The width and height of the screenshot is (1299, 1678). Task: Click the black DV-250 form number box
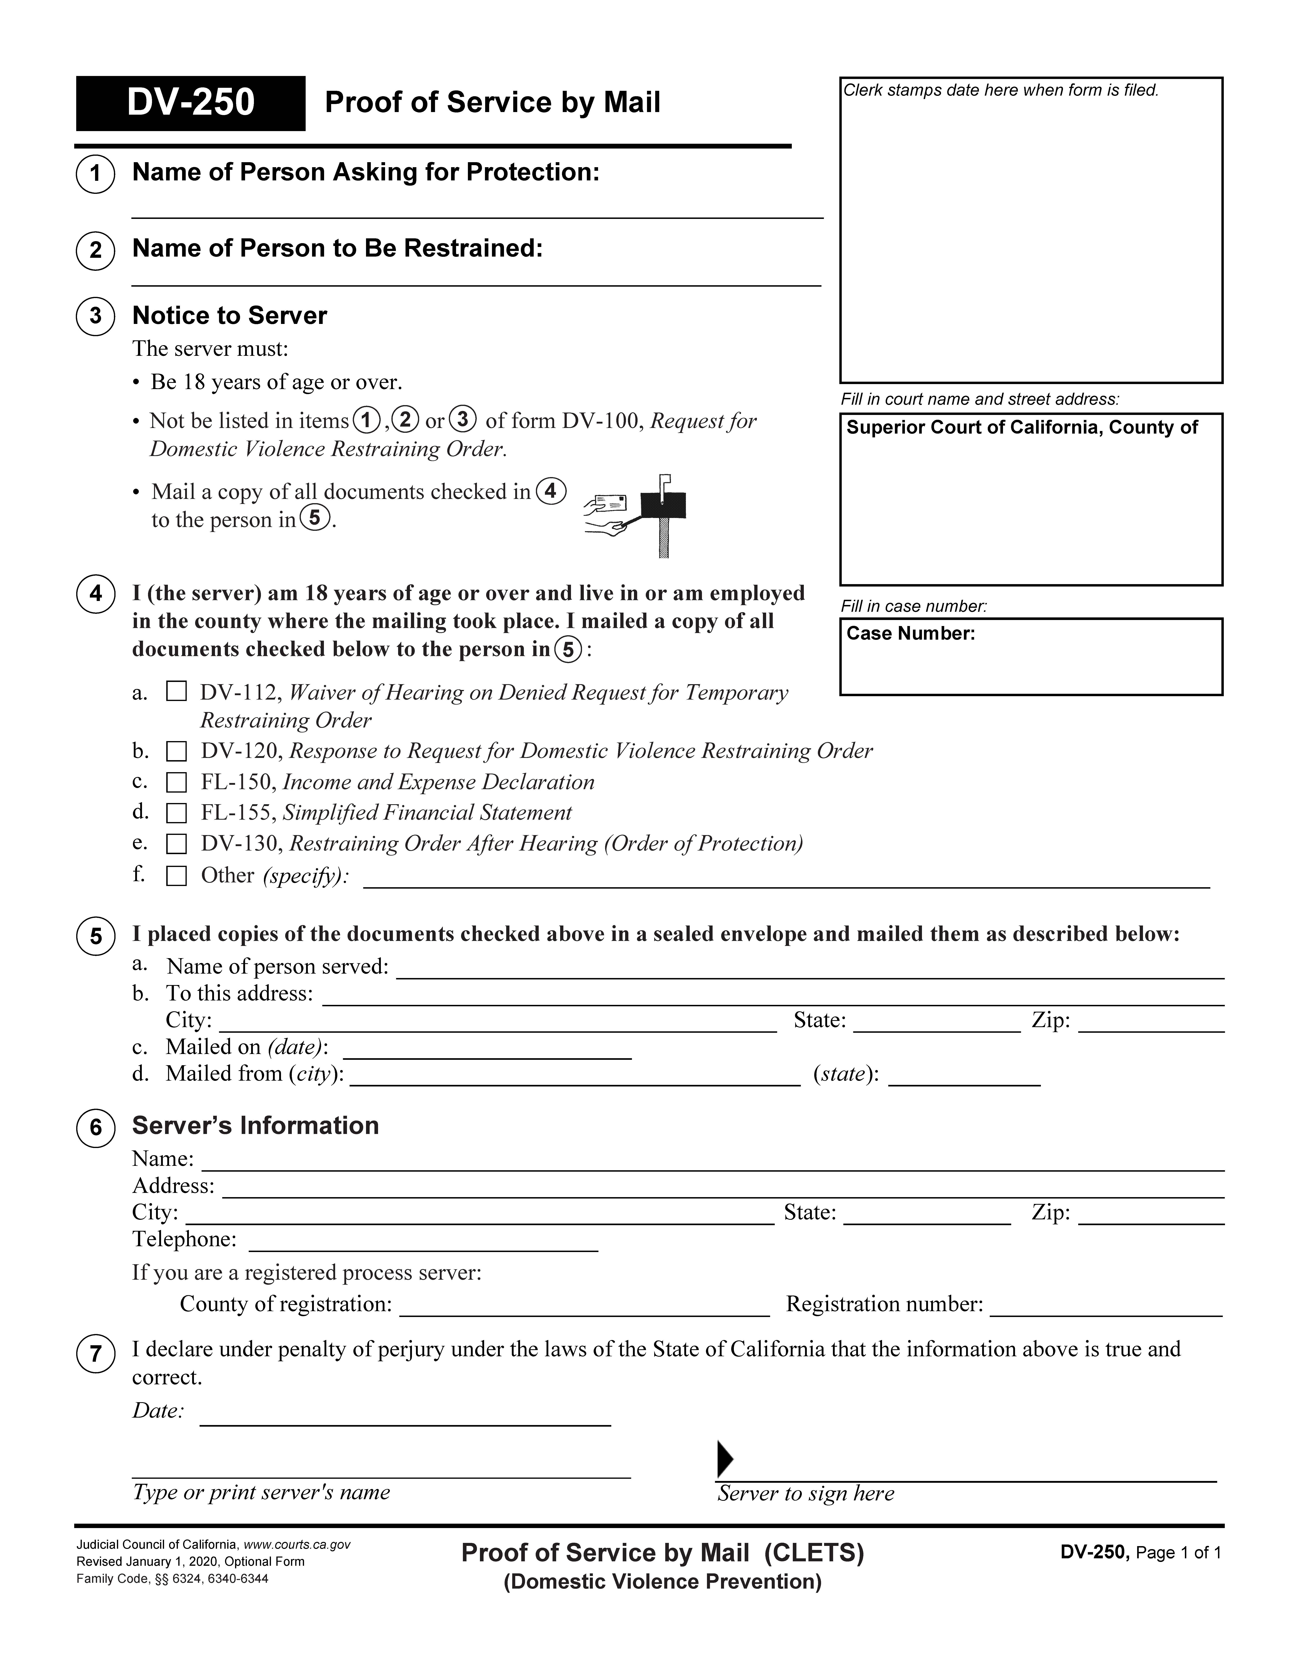pos(191,103)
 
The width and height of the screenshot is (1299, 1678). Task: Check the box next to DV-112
pos(177,692)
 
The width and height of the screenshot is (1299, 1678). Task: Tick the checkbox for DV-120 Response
pos(177,751)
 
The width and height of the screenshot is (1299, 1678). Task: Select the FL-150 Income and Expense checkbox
pos(177,782)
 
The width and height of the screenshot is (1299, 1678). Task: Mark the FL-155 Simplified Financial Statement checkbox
pos(177,813)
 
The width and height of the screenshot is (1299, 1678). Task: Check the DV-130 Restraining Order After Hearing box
pos(177,844)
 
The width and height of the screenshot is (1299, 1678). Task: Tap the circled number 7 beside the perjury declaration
pos(95,1354)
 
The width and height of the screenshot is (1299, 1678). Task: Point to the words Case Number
pos(911,634)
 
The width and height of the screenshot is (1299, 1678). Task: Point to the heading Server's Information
pos(255,1126)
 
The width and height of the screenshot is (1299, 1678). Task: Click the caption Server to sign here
pos(806,1494)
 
